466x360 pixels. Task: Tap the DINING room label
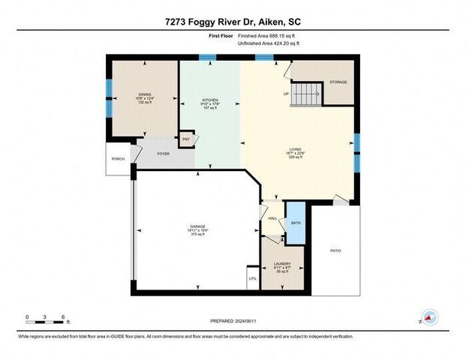tap(144, 94)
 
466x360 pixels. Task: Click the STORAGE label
tap(338, 82)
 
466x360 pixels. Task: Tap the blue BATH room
tap(296, 223)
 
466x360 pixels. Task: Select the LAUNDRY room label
tap(282, 264)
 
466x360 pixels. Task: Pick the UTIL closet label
tap(252, 279)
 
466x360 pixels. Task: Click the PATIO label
tap(337, 250)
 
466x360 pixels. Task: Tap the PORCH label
tap(118, 159)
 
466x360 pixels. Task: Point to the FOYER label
tap(163, 154)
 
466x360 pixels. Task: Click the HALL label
tap(272, 218)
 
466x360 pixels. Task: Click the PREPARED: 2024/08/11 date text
tap(233, 320)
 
